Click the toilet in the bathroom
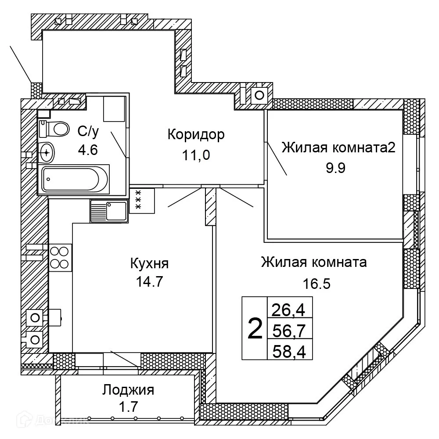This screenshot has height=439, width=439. (55, 129)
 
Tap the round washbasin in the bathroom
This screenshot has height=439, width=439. (47, 152)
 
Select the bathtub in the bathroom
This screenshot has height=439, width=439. (74, 179)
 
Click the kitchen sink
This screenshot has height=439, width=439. (109, 210)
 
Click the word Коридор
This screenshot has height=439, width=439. (196, 134)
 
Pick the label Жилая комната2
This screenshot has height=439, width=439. (338, 148)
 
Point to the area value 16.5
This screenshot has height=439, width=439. (317, 283)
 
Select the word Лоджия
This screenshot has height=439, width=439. (128, 389)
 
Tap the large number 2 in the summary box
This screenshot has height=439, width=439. (255, 329)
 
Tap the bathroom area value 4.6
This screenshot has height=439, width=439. (87, 150)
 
